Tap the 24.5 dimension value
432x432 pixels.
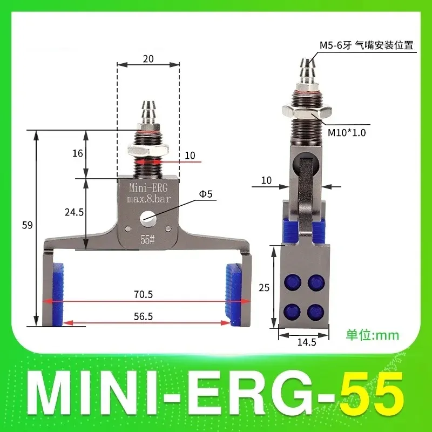coord(74,212)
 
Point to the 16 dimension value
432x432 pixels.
coord(78,153)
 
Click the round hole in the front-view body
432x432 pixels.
coord(147,219)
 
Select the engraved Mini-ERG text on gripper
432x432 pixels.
coord(147,189)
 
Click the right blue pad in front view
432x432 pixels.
coord(234,294)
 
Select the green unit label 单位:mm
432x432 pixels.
coord(372,335)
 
